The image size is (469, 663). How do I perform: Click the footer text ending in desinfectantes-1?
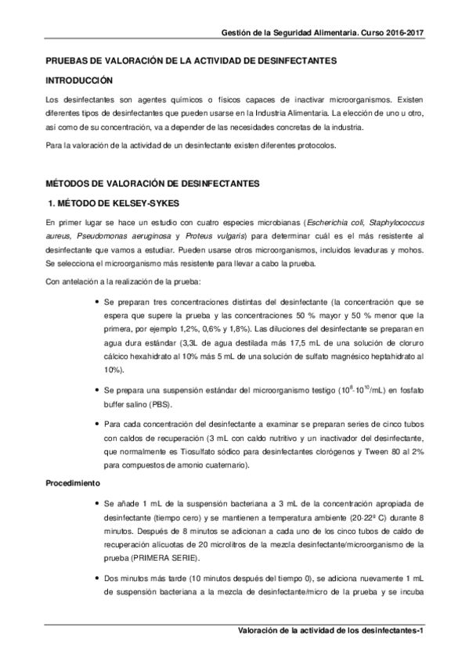330,631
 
